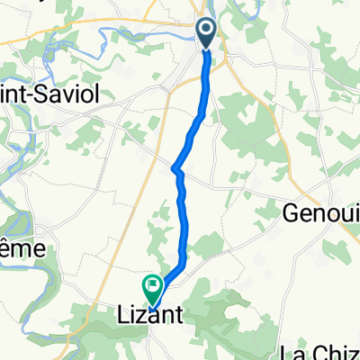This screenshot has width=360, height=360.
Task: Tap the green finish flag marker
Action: pos(155,288)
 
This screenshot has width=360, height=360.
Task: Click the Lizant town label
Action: pos(151,316)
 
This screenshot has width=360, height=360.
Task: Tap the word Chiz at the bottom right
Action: pos(338,352)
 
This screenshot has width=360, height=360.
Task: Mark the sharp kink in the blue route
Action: pos(174,166)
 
